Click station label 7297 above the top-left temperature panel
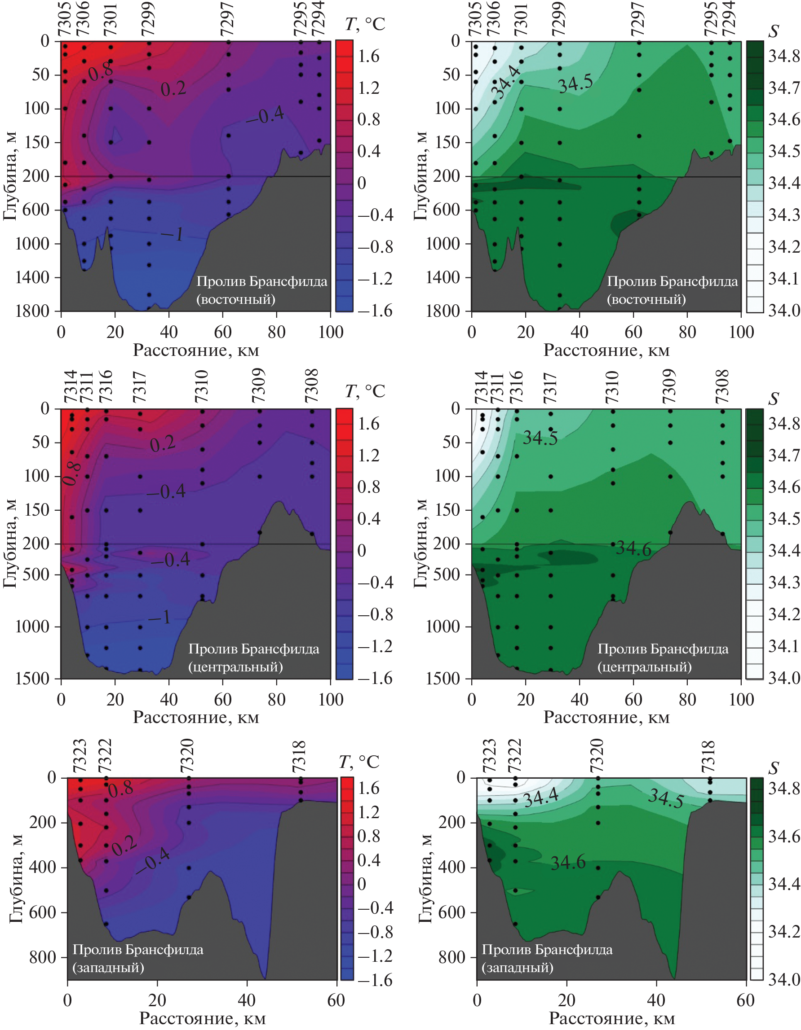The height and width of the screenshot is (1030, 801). (227, 18)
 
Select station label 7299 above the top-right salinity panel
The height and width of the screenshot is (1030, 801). (559, 18)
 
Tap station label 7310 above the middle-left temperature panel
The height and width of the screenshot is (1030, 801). (202, 386)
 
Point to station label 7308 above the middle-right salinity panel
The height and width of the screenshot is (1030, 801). (722, 386)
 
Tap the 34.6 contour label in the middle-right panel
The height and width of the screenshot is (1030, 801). (633, 549)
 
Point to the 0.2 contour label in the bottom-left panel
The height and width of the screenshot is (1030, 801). (124, 846)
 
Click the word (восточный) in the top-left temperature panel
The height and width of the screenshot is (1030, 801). (235, 299)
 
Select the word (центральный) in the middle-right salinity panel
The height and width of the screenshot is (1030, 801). (645, 667)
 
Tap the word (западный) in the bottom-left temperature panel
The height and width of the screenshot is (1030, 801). (108, 968)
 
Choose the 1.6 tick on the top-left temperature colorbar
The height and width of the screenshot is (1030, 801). (368, 57)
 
